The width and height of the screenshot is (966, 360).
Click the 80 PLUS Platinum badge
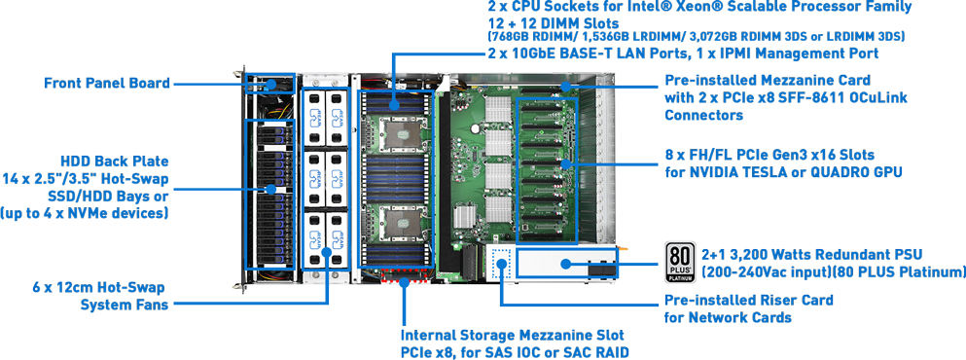pyautogui.click(x=680, y=262)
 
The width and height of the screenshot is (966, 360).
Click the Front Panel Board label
pyautogui.click(x=107, y=83)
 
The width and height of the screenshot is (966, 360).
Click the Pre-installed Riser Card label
pyautogui.click(x=748, y=301)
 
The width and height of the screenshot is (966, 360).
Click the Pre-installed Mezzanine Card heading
pyautogui.click(x=768, y=80)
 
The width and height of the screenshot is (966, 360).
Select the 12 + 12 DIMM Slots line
pyautogui.click(x=553, y=22)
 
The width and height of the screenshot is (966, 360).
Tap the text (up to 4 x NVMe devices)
pyautogui.click(x=85, y=213)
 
